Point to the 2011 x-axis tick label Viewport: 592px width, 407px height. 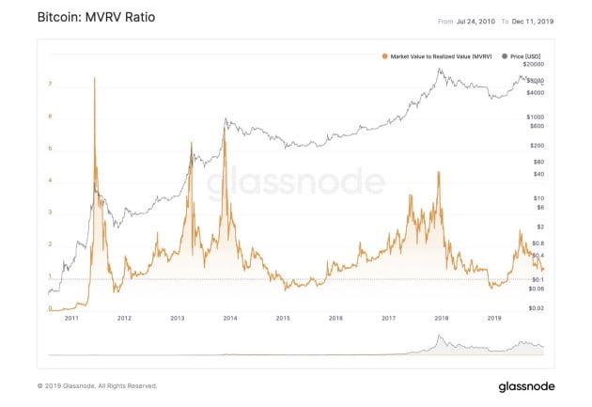71,319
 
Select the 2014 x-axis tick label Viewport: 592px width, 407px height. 230,319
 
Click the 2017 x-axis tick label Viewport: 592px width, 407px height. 388,319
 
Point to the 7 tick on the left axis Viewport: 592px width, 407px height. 50,85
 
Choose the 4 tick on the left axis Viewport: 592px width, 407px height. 50,180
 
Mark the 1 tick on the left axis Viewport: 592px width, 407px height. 50,277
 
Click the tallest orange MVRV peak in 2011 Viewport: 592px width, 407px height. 95,78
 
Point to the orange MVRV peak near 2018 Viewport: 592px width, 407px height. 439,172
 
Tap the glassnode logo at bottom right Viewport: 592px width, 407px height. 526,386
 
